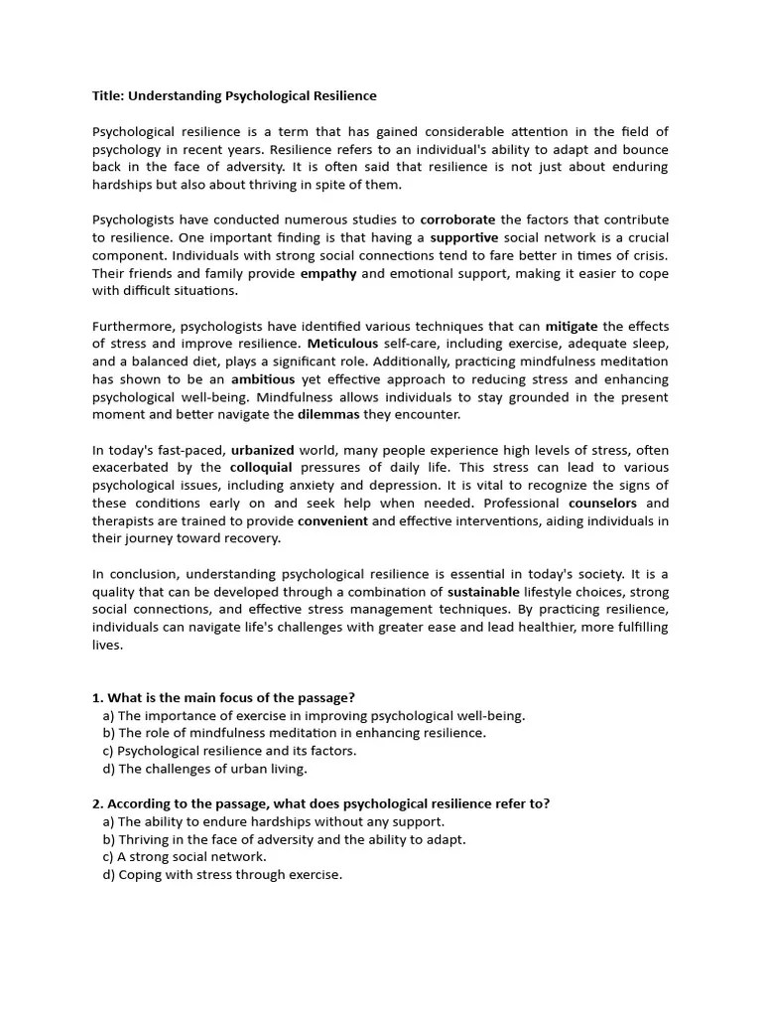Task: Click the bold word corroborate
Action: pyautogui.click(x=457, y=219)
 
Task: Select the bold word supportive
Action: pyautogui.click(x=463, y=237)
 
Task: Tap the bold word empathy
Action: pyautogui.click(x=327, y=273)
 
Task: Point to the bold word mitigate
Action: pyautogui.click(x=571, y=326)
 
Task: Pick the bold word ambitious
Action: pyautogui.click(x=262, y=379)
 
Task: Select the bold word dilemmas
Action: pyautogui.click(x=329, y=414)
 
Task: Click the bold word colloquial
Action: pyautogui.click(x=261, y=467)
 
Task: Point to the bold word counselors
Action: pyautogui.click(x=602, y=503)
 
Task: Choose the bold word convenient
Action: pyautogui.click(x=332, y=520)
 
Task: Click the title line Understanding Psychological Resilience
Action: pyautogui.click(x=234, y=96)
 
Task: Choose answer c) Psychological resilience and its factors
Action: pyautogui.click(x=229, y=751)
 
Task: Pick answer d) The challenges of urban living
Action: pyautogui.click(x=204, y=769)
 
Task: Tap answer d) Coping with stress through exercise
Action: pyautogui.click(x=222, y=874)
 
